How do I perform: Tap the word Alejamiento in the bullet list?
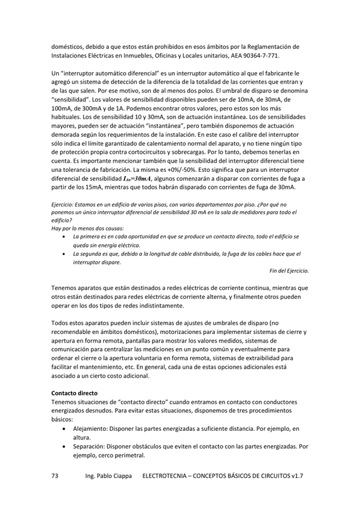[x=91, y=429]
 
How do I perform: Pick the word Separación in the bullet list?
[x=89, y=447]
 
